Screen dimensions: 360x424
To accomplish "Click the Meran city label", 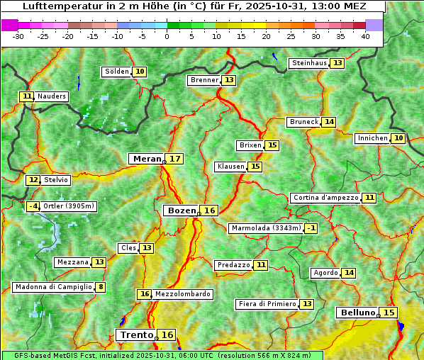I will [x=147, y=159].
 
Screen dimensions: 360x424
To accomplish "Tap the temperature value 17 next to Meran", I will [x=174, y=159].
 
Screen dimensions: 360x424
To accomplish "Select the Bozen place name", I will [x=180, y=210].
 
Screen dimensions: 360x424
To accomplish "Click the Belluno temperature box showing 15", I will [x=389, y=313].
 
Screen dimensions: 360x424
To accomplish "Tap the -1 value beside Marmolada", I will [x=311, y=228].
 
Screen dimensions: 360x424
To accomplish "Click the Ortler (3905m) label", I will [x=69, y=206].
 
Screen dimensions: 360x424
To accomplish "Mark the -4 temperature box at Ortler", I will [x=33, y=206].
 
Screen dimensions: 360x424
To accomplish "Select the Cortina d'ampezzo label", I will [x=325, y=198].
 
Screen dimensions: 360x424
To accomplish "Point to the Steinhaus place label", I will [x=309, y=63].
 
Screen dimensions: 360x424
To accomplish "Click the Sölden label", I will [x=117, y=72].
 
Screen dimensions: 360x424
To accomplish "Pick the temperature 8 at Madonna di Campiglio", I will [x=101, y=287].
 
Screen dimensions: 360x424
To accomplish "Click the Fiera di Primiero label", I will [x=267, y=304].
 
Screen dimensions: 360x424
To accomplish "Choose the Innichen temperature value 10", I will [x=398, y=138].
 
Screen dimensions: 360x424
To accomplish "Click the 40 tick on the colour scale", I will [x=365, y=36].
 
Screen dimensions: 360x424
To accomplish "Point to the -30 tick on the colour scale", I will [x=18, y=36].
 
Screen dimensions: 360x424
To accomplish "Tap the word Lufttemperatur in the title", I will [x=56, y=6].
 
